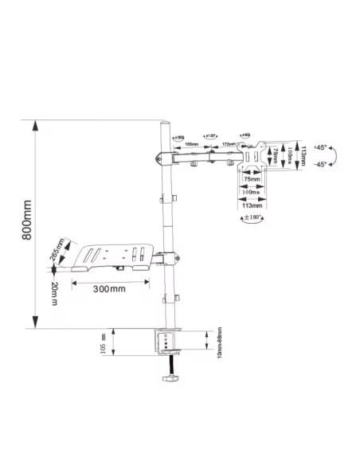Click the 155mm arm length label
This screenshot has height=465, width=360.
coord(192,144)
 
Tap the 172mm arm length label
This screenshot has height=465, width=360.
coord(229,144)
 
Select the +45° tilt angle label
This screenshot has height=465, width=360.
coord(321,148)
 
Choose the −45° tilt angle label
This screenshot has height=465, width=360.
coord(321,165)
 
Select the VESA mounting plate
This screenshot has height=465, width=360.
coord(254,156)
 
